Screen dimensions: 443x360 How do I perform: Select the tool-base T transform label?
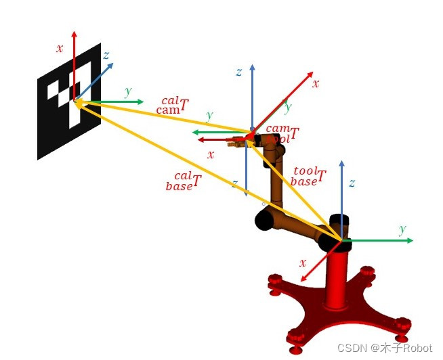coord(308,177)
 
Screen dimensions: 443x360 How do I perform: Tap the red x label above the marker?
coord(60,48)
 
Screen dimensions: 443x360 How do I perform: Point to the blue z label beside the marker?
coord(106,55)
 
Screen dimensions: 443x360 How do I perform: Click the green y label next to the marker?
coord(128,91)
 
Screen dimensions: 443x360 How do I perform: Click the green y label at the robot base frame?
coord(403,229)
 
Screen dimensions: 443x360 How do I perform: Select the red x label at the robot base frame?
coord(302,263)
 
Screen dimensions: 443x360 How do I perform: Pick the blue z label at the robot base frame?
coord(352,183)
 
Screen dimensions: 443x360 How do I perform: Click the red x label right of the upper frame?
coord(315,84)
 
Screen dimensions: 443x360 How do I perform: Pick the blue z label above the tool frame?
coord(238,72)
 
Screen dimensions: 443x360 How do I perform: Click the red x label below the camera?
coord(211,154)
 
